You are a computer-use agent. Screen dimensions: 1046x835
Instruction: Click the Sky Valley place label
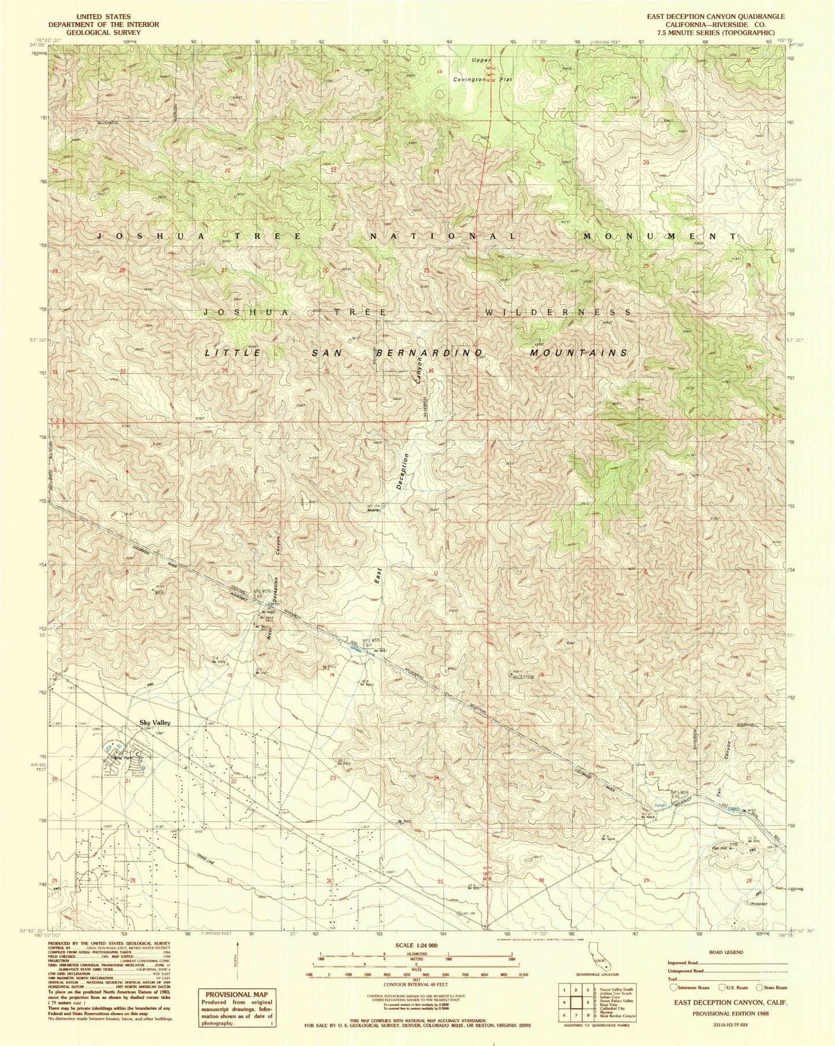point(154,723)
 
